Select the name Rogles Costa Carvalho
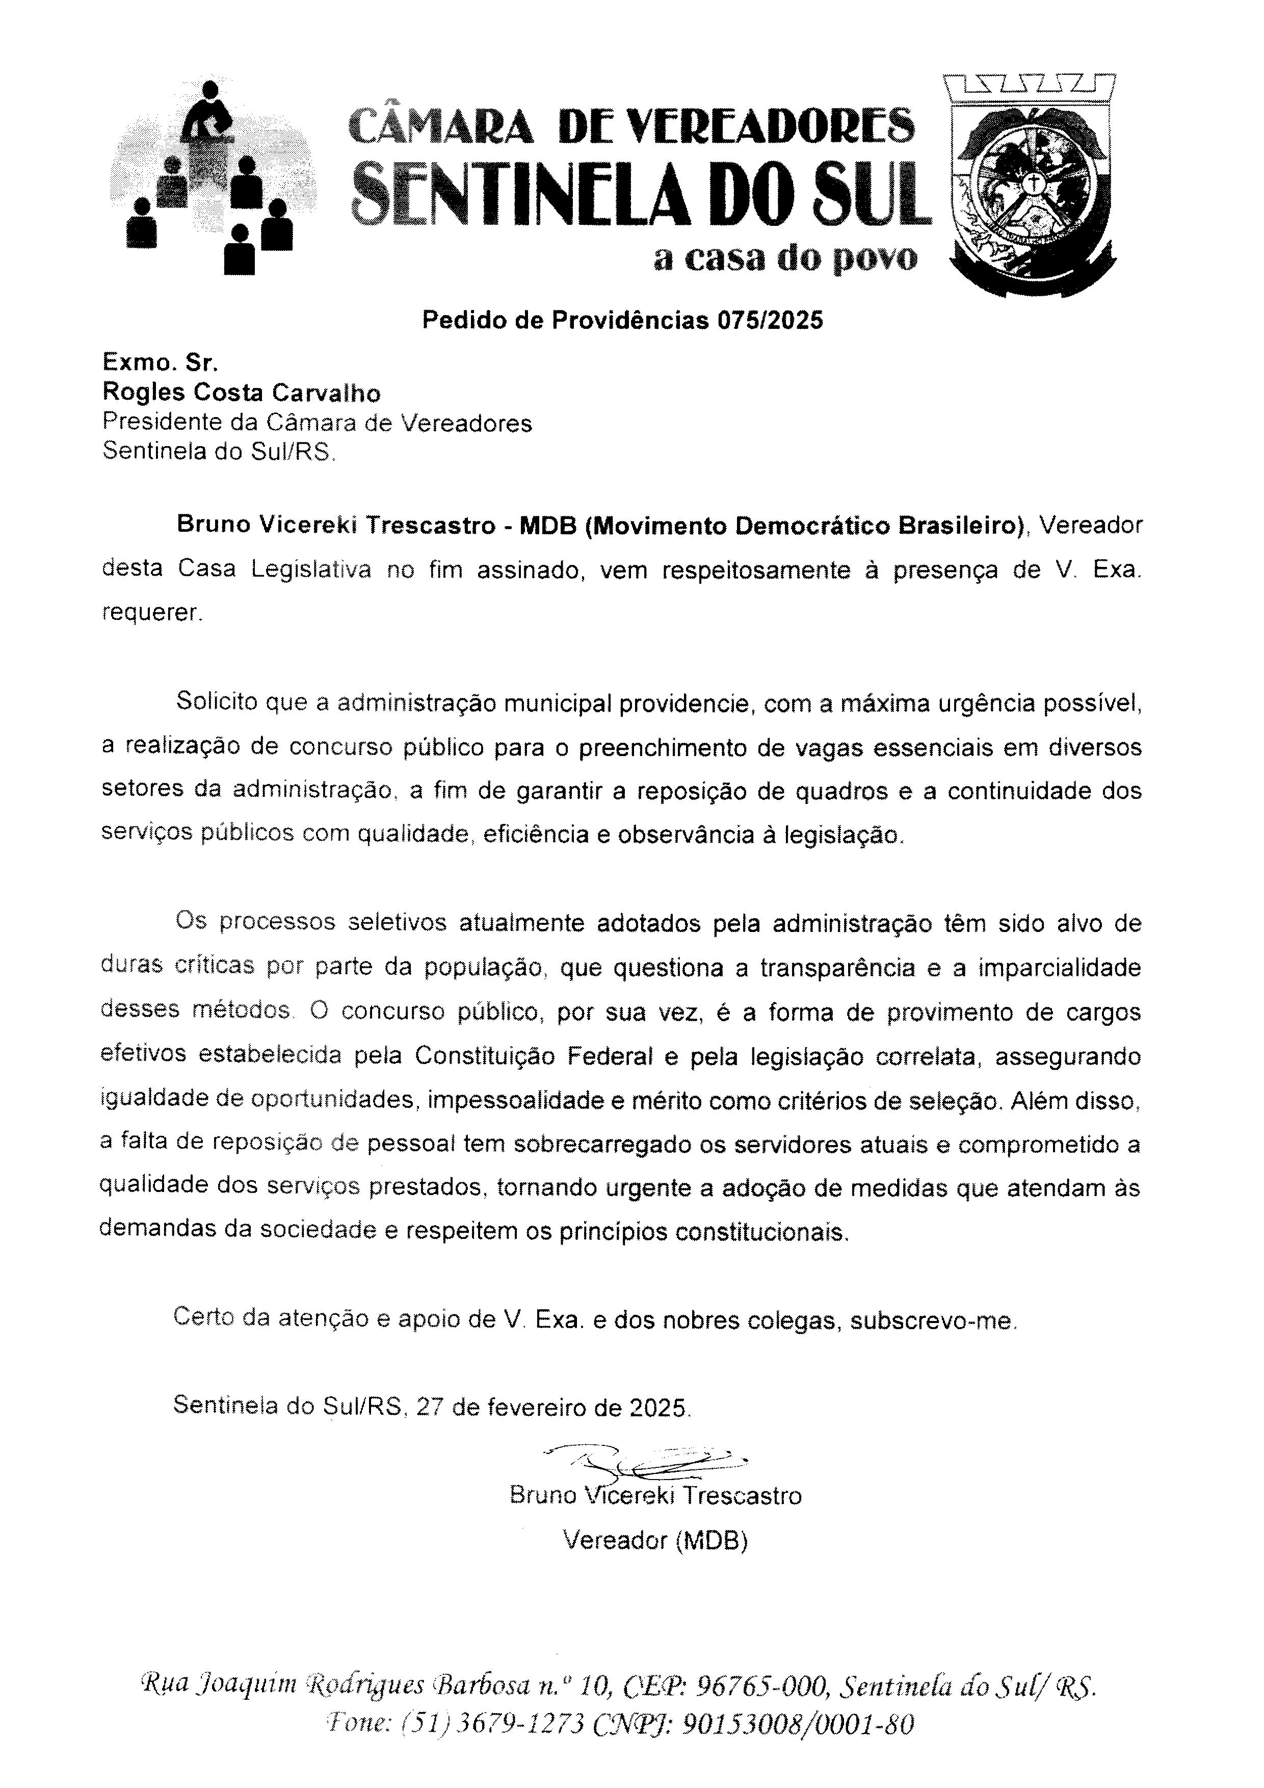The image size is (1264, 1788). (241, 393)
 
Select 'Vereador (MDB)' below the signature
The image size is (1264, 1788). (655, 1540)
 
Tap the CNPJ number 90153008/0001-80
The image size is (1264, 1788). (798, 1725)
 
